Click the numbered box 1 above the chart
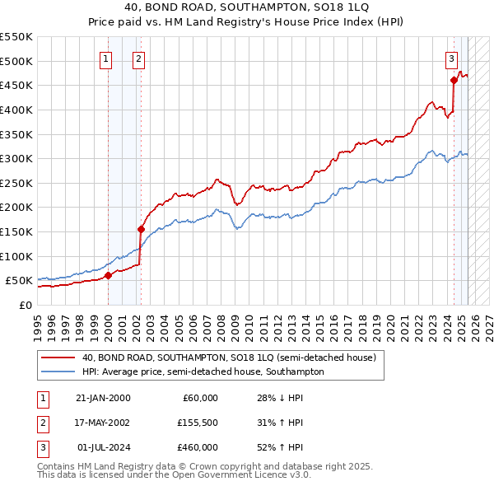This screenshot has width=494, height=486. pyautogui.click(x=107, y=58)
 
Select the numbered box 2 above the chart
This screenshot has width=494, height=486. pyautogui.click(x=138, y=58)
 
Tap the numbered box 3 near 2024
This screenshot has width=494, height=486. pyautogui.click(x=452, y=58)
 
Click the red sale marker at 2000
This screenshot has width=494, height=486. pyautogui.click(x=108, y=276)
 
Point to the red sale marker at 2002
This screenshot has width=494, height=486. pyautogui.click(x=141, y=229)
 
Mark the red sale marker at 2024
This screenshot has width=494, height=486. pyautogui.click(x=454, y=80)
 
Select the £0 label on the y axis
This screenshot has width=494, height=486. pyautogui.click(x=25, y=305)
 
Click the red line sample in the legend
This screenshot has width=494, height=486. pyautogui.click(x=58, y=357)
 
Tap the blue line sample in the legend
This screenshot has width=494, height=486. pyautogui.click(x=58, y=372)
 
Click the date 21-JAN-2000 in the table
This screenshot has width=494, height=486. pyautogui.click(x=103, y=398)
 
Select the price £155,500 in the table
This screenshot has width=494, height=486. pyautogui.click(x=198, y=423)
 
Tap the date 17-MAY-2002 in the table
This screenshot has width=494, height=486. pyautogui.click(x=103, y=423)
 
